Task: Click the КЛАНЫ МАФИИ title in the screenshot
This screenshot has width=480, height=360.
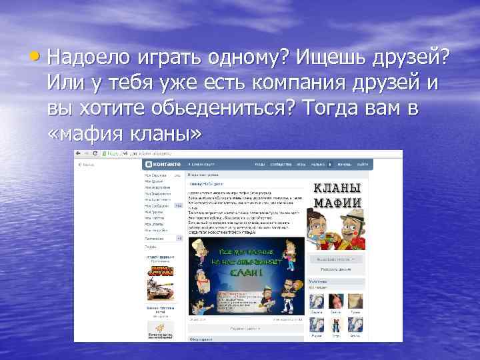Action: (x=337, y=195)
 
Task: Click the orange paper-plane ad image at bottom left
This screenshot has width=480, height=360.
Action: (x=160, y=328)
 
